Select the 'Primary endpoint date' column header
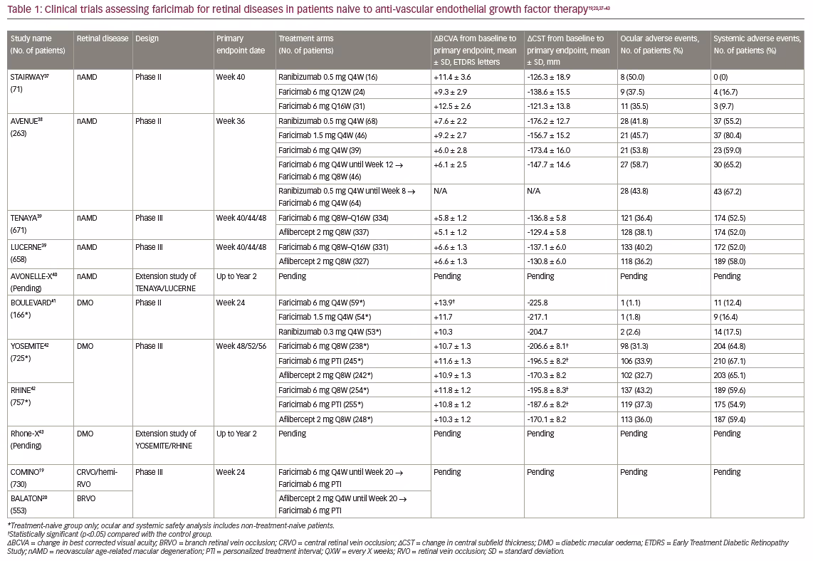point(241,45)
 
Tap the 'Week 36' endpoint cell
point(231,121)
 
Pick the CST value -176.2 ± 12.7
point(549,121)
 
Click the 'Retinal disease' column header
point(103,38)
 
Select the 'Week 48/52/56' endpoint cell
point(241,346)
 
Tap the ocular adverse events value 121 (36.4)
point(636,219)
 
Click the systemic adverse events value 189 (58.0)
point(730,261)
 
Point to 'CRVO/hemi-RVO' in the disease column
point(97,478)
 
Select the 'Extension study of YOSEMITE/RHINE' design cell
point(166,440)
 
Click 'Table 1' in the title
point(23,10)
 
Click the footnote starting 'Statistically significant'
point(110,534)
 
